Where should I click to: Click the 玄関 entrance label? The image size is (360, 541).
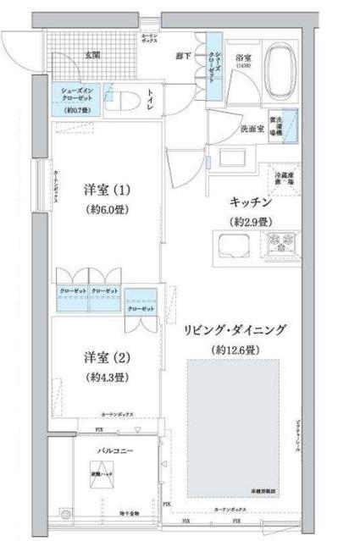point(91,54)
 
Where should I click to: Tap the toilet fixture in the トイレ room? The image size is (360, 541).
point(127,101)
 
